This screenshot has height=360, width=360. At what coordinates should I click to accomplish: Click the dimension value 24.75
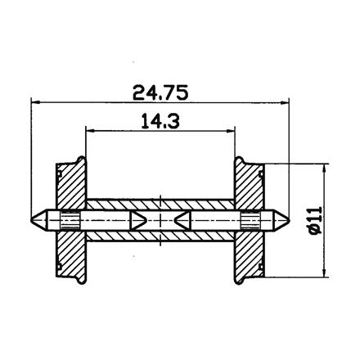pyautogui.click(x=160, y=92)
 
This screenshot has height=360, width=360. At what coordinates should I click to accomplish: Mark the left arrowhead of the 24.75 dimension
pyautogui.click(x=37, y=102)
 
